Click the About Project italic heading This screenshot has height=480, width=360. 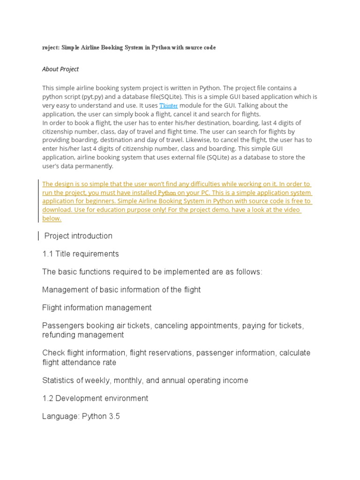point(60,69)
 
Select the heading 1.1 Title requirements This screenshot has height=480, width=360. point(81,254)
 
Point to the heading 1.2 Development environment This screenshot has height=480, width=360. point(95,398)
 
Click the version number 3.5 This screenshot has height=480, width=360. point(114,416)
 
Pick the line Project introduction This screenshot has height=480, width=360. point(78,236)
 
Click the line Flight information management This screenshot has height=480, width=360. point(97,308)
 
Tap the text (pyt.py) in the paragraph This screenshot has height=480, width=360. point(93,97)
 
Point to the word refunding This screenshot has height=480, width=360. point(58,335)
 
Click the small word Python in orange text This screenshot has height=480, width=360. point(167,193)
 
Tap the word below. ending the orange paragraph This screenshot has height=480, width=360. point(52,219)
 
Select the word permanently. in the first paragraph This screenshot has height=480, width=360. point(94,166)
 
